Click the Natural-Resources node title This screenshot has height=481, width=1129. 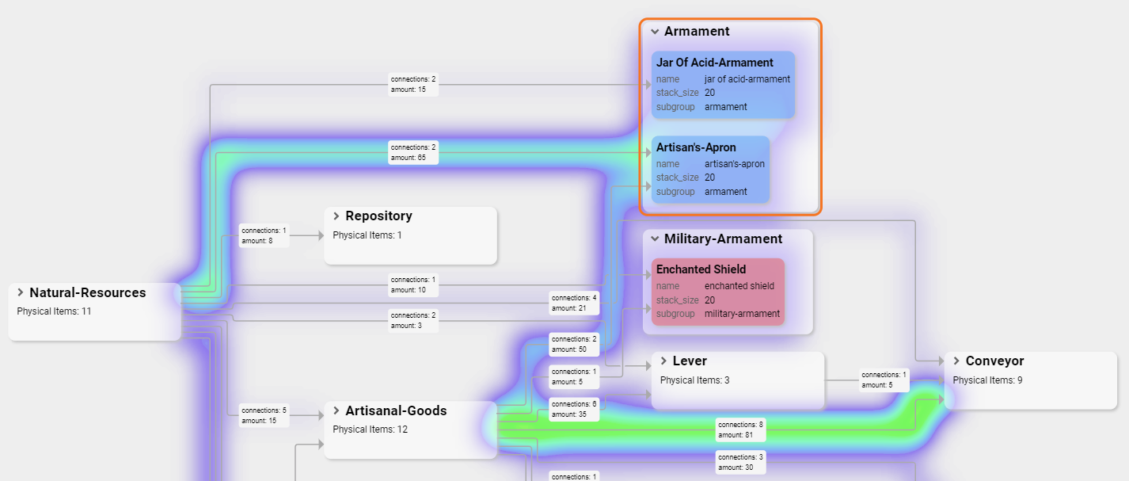point(87,292)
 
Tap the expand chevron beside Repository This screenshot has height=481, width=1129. point(336,216)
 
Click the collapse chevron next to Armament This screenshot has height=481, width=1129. point(655,32)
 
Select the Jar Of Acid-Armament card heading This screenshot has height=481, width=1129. point(714,63)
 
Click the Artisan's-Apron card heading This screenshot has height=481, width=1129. point(696,147)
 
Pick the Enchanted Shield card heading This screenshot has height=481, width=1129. point(701,269)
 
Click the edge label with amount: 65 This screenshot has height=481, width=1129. point(413,152)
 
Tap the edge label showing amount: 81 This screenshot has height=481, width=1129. point(740,429)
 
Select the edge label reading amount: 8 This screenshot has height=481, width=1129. point(264,235)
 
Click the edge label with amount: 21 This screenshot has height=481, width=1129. point(574,303)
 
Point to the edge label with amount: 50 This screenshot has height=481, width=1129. point(574,344)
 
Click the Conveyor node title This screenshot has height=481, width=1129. point(994,361)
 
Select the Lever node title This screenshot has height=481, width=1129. point(690,361)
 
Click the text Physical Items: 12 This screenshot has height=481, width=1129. point(370,429)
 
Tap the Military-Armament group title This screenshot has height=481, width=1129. point(723,239)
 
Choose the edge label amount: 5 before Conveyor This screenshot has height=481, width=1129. point(884,380)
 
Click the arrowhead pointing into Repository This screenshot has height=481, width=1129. point(320,235)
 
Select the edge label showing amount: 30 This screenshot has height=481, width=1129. point(740,462)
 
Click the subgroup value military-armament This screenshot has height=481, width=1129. point(742,314)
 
